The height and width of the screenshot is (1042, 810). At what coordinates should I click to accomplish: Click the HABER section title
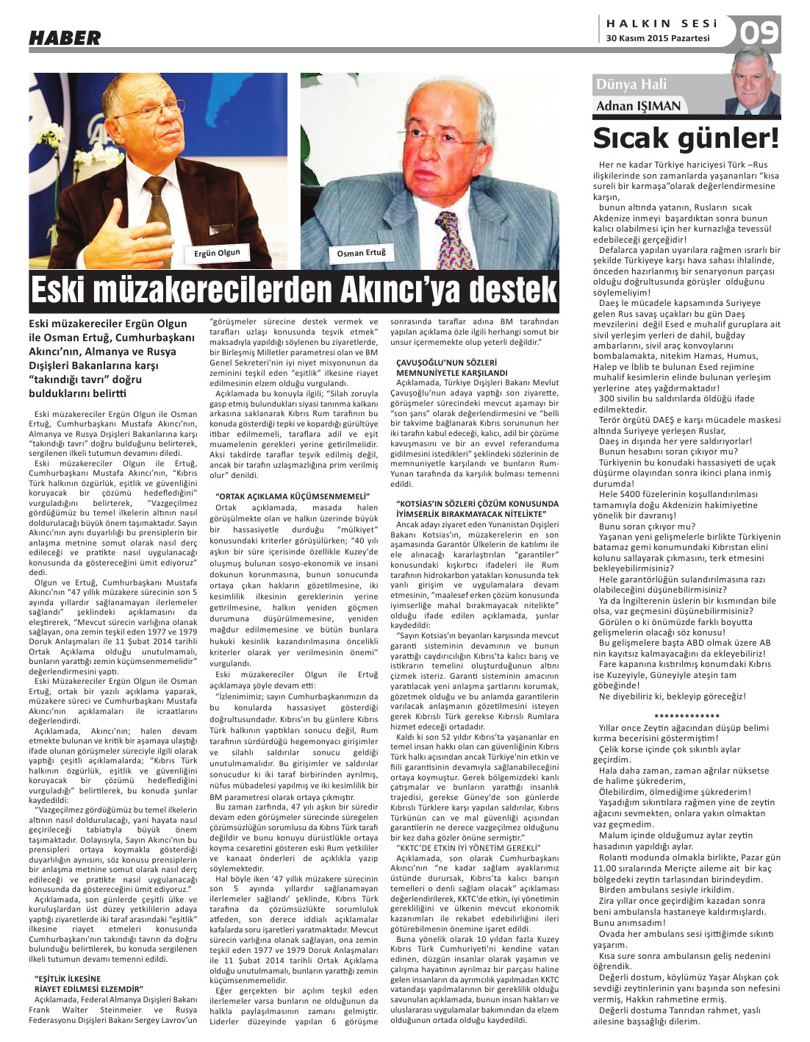(65, 38)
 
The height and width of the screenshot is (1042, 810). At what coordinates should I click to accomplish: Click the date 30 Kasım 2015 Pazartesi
(658, 38)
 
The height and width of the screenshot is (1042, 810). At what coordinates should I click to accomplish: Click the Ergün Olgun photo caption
(217, 254)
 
